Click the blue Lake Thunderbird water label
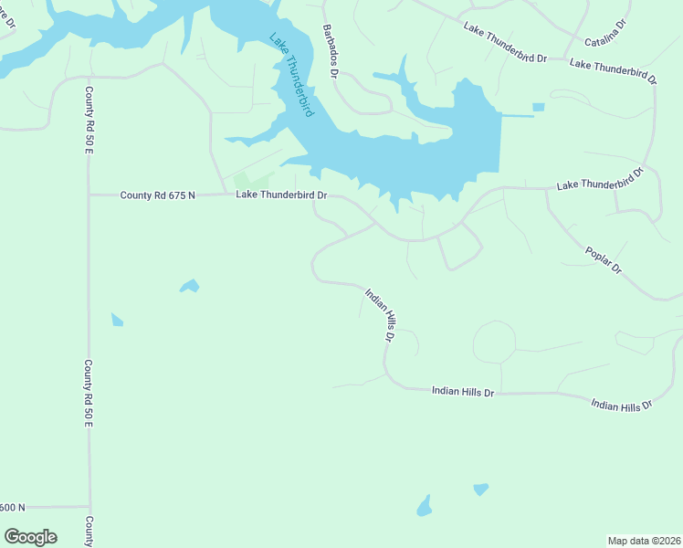point(292,75)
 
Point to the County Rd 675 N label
point(157,195)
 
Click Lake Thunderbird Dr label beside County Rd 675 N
point(281,195)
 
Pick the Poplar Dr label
point(604,258)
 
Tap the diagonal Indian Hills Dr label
point(380,315)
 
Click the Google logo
point(30,537)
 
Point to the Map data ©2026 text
point(644,540)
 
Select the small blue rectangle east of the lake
point(538,108)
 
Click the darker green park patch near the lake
point(242,181)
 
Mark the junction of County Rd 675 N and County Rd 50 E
point(89,195)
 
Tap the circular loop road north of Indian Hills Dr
point(494,343)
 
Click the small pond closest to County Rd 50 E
point(117,320)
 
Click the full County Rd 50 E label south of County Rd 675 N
point(89,394)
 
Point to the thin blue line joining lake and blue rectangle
point(517,116)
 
